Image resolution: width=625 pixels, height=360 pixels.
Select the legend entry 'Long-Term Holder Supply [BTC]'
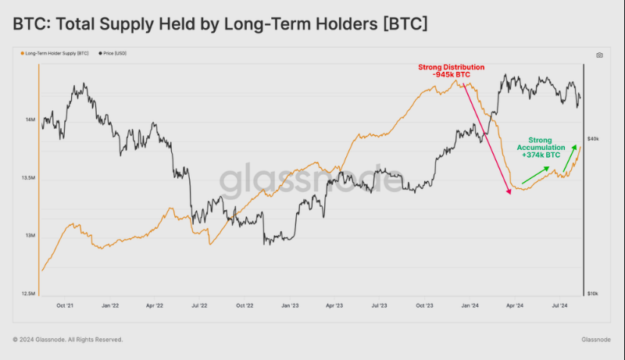[57, 53]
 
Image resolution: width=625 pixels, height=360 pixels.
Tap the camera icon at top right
[599, 55]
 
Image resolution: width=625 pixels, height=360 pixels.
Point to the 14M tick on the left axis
[29, 120]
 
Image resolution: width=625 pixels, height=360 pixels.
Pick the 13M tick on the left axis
[29, 236]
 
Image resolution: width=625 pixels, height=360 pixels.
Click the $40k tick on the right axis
[593, 139]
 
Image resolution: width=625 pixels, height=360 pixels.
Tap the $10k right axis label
[593, 294]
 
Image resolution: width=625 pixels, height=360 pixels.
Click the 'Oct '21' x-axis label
[65, 307]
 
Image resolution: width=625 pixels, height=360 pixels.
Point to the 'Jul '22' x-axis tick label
[200, 307]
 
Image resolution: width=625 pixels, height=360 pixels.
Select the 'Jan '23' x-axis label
[291, 307]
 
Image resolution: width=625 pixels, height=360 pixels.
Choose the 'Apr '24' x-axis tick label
[513, 307]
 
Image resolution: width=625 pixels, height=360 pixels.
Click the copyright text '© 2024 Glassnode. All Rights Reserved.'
[68, 340]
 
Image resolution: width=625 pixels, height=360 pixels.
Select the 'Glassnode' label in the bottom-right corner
[597, 340]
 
